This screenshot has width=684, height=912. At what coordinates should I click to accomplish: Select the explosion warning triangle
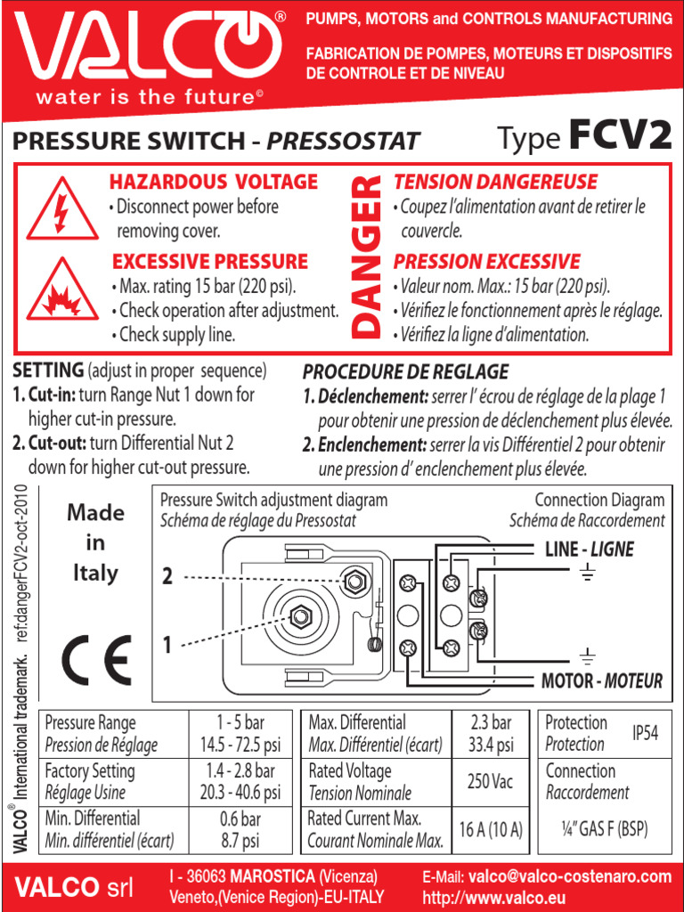pos(61,291)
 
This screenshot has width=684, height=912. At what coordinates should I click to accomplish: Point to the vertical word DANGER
pos(365,257)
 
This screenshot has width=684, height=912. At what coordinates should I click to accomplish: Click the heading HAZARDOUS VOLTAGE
pos(213,183)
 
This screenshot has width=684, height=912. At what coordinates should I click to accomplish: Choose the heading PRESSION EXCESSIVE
pos(486,262)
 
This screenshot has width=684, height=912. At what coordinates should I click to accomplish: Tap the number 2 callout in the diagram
pos(167,577)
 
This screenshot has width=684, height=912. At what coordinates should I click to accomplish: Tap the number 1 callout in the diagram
pos(167,644)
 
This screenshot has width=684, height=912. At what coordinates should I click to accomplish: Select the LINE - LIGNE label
pos(589,550)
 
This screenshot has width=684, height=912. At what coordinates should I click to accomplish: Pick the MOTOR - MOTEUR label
pos(602,681)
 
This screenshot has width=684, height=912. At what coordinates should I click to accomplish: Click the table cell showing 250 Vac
pos(490,781)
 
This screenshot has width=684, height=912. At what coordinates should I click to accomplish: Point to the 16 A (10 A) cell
pos(490,829)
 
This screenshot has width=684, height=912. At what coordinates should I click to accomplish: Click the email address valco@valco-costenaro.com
pos(570,877)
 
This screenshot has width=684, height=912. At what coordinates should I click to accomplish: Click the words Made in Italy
pos(95,542)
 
